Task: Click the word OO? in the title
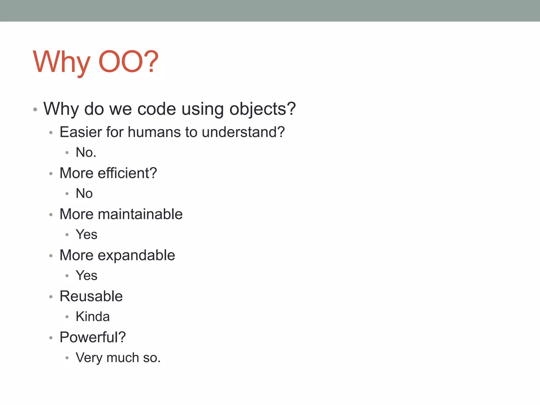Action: point(128,62)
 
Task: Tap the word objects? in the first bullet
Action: point(263,109)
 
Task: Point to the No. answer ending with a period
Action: point(86,152)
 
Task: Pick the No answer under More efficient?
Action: point(84,193)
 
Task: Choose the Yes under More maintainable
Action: point(86,234)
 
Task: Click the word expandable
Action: point(136,255)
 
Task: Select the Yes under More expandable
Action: point(86,276)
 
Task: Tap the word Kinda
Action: point(93,316)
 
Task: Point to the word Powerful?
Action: point(93,337)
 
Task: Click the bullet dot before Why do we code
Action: point(35,109)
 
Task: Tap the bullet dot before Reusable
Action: point(51,297)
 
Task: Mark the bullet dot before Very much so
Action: point(67,358)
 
